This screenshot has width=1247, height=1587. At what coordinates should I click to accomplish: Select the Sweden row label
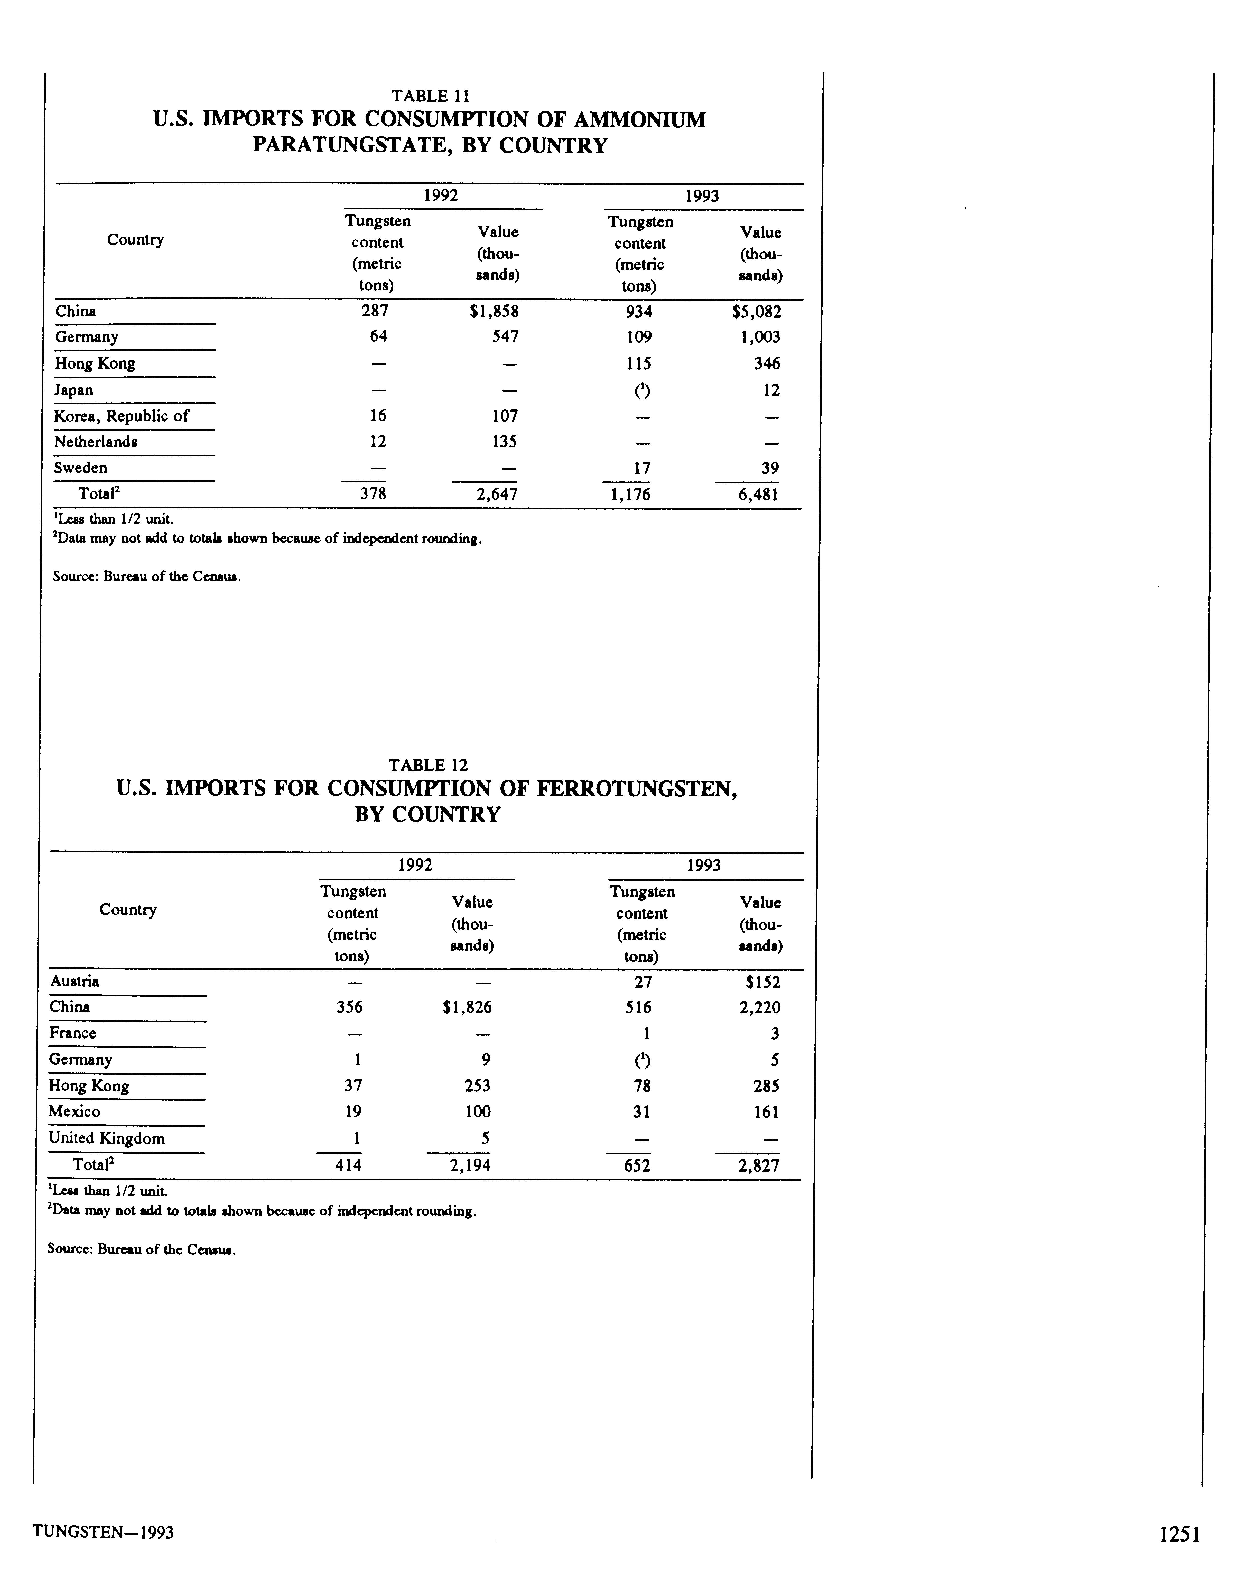(x=80, y=468)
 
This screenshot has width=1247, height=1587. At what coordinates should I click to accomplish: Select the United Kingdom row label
(x=107, y=1138)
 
